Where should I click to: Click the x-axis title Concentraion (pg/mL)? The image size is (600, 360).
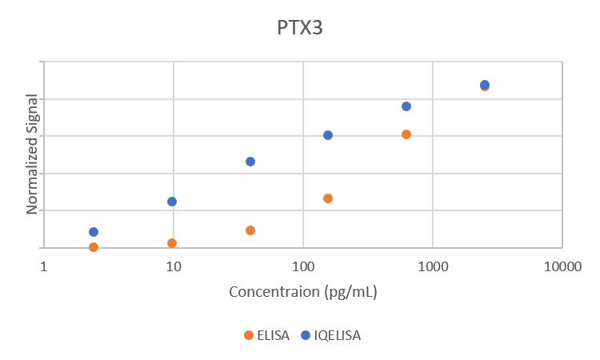[x=302, y=292]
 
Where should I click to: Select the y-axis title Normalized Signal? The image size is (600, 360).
[x=33, y=154]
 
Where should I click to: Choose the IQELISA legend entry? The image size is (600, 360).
[x=330, y=335]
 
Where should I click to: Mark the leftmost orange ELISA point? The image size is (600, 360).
[x=94, y=247]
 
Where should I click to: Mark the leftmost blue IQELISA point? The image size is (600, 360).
[x=94, y=232]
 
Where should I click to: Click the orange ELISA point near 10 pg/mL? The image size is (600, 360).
[x=172, y=243]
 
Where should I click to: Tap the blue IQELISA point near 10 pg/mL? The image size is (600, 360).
[x=172, y=202]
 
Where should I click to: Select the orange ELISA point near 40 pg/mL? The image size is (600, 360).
[x=250, y=230]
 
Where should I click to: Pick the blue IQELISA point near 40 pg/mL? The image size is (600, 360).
[x=250, y=162]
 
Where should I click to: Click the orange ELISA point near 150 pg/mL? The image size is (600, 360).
[x=328, y=198]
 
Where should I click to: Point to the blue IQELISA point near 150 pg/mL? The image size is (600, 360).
[x=328, y=135]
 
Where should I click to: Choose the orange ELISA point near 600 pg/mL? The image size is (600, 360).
[x=406, y=134]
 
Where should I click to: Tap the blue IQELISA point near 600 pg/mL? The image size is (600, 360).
[x=406, y=106]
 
